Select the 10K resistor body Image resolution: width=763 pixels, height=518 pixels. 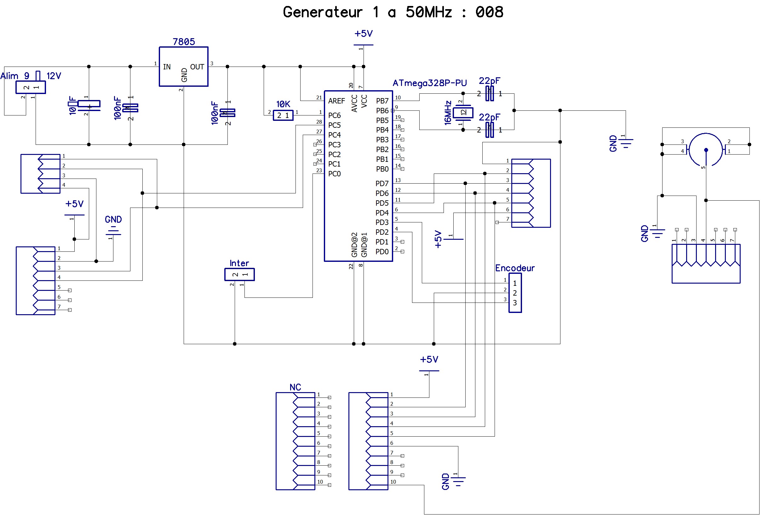pos(283,115)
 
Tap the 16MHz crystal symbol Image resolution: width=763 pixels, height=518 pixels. pos(463,112)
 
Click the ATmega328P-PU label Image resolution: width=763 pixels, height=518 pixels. pos(429,83)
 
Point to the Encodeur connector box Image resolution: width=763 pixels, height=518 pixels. pos(515,293)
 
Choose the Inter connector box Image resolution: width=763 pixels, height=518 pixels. pos(239,274)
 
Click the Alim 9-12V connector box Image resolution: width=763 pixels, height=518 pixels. pos(31,87)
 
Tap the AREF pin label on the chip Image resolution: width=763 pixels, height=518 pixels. pos(336,101)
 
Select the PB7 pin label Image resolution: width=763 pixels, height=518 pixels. pos(382,101)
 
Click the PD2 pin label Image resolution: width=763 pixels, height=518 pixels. pos(382,233)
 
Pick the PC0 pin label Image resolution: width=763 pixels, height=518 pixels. pos(334,174)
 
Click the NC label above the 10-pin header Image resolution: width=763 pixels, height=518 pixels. pos(295,387)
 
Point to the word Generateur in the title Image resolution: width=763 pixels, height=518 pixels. pos(323,12)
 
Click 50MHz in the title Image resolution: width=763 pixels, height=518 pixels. pos(429,12)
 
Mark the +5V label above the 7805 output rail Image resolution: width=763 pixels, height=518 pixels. pos(364,33)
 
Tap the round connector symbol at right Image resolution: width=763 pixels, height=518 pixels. pos(706,150)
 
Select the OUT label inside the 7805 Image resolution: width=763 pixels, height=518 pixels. pos(197,67)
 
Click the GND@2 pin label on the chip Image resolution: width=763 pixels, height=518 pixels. pos(354,245)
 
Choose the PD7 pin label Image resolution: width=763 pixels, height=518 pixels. pos(382,184)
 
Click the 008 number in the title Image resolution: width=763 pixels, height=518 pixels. pos(489,12)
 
